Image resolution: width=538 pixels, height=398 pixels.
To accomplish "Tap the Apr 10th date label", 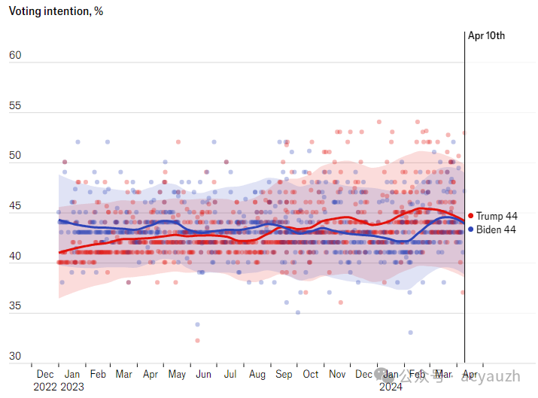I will (x=486, y=35).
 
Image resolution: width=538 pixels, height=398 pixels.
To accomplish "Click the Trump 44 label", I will (x=496, y=217).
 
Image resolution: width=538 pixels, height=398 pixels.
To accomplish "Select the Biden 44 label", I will (x=496, y=229).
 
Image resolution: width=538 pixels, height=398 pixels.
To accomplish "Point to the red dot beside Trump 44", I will (x=471, y=217).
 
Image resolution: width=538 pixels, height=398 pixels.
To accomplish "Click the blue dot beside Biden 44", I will (x=471, y=229).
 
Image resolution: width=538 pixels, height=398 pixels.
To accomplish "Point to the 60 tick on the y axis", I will (x=15, y=56).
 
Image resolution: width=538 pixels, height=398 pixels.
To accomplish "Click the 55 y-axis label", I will (x=15, y=106).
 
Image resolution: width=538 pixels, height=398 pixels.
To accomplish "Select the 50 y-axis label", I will (x=15, y=156).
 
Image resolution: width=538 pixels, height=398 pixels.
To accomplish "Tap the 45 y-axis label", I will (x=15, y=206).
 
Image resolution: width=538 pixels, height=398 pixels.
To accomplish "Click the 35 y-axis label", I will (x=15, y=306).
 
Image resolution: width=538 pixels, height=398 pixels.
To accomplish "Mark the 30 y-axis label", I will (x=15, y=356).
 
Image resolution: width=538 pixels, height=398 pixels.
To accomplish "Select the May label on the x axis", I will (x=177, y=374).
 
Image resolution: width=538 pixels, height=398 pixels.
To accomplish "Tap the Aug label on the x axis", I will (x=257, y=374).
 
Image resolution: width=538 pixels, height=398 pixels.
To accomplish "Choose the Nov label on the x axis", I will (x=337, y=374).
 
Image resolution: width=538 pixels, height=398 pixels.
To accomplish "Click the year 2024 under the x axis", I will (x=391, y=387).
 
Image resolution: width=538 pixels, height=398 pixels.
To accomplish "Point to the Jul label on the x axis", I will (x=230, y=374).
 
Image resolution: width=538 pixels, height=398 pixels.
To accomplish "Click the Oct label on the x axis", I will (x=310, y=374).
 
